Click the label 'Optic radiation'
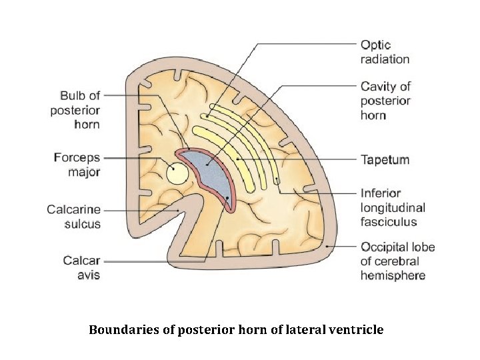385,52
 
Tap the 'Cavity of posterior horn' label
385,101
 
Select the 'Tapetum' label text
385,160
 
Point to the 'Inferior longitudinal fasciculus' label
393,207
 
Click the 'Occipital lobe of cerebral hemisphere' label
397,261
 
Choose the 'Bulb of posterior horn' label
75,109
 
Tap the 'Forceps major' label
77,165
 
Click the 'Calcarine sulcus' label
73,217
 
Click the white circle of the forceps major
177,174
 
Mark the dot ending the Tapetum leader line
237,160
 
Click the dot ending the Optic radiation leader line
207,115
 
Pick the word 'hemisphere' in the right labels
393,275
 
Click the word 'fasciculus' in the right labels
389,222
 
